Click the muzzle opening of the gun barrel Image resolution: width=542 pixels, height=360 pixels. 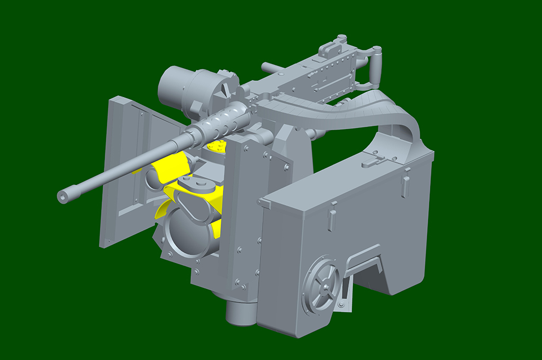62,197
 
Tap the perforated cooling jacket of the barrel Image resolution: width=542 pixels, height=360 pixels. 222,120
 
